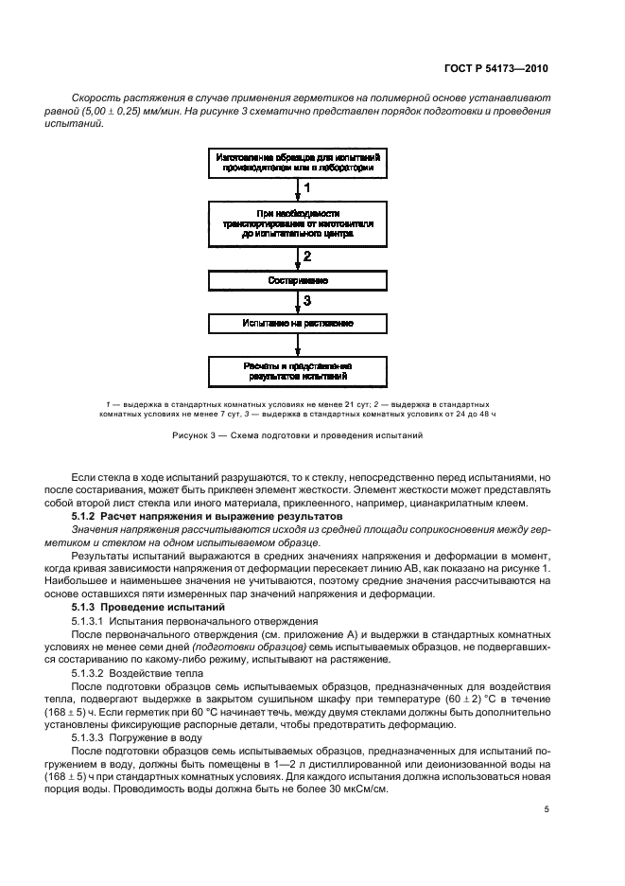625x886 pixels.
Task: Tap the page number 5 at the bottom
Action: [547, 809]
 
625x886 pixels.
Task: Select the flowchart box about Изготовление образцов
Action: [298, 162]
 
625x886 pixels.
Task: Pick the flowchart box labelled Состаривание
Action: [298, 281]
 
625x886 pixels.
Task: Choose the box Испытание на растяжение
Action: [298, 323]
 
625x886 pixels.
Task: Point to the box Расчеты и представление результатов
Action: [298, 370]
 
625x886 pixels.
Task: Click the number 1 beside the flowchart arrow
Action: [306, 189]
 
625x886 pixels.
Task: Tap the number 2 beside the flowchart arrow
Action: [306, 257]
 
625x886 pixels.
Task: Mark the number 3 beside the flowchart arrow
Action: [306, 301]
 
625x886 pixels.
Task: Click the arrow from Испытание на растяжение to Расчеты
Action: [298, 345]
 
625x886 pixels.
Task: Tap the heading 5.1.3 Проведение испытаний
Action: [149, 605]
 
